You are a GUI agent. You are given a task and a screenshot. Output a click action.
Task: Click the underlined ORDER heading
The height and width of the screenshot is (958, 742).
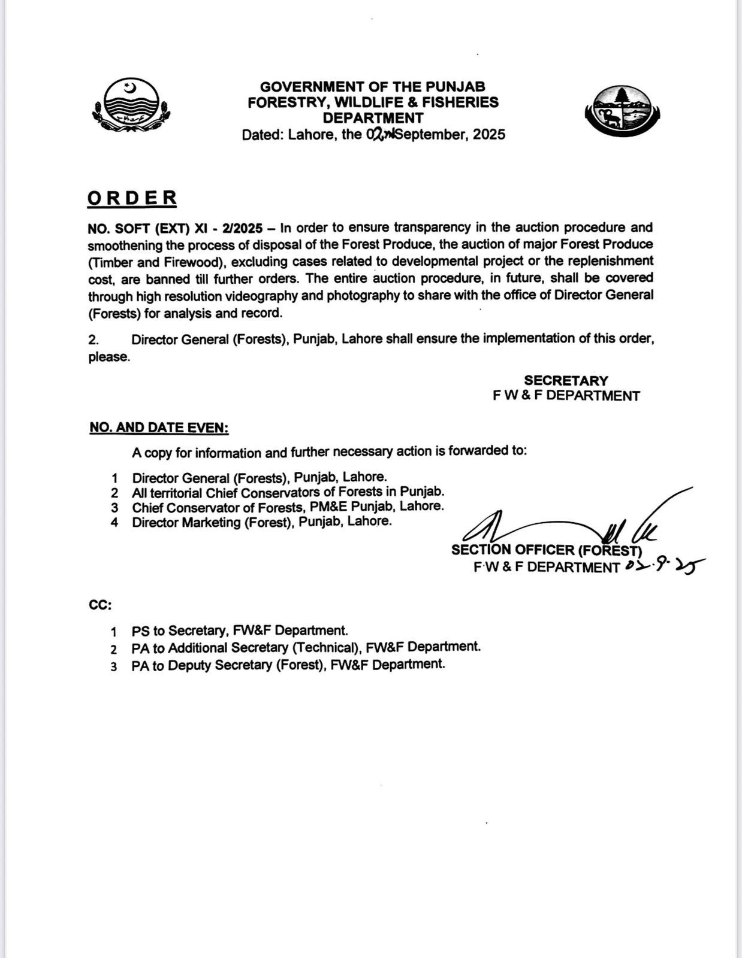point(132,198)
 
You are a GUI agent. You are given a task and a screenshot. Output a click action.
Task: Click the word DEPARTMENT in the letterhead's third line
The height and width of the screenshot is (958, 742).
point(373,118)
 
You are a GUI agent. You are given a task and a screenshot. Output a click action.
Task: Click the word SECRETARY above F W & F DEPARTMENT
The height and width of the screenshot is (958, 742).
point(566,381)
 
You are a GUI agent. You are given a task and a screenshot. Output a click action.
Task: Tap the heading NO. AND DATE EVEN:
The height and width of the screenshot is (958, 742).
point(159,428)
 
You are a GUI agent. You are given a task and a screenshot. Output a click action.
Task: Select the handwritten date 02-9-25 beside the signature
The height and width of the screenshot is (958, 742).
point(663,565)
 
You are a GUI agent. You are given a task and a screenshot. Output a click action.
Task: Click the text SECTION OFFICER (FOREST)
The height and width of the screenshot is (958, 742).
point(546,550)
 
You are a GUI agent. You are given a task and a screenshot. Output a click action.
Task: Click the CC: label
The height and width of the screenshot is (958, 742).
point(100,605)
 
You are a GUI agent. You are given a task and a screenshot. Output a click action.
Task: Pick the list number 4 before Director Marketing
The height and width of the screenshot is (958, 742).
point(114,523)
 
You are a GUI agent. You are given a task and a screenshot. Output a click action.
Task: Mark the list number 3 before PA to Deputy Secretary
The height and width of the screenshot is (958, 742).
point(114,666)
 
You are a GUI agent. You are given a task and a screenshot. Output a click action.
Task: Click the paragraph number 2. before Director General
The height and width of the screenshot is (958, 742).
point(93,339)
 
